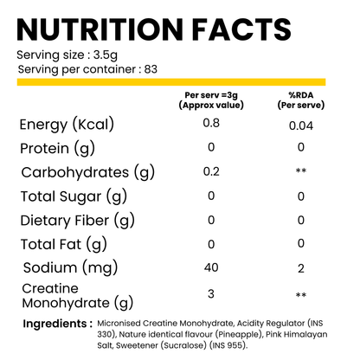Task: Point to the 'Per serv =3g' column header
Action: click(213, 97)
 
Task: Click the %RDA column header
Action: click(300, 97)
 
